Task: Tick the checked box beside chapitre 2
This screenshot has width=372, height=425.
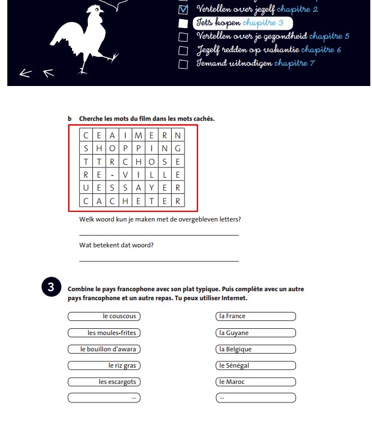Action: coord(183,10)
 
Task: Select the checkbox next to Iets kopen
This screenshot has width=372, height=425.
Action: coord(183,23)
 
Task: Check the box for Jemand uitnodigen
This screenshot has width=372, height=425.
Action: coord(183,64)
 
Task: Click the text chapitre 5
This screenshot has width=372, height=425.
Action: coord(329,37)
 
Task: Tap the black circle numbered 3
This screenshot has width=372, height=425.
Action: coord(51,287)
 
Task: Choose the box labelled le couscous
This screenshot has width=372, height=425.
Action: coord(104,317)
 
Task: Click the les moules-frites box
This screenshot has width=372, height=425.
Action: coord(104,333)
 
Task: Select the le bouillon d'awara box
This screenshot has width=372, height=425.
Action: coord(104,349)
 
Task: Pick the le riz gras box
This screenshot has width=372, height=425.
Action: coord(104,365)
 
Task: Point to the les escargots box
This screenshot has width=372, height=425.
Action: coord(104,382)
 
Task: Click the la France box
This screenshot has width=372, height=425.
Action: coord(256,317)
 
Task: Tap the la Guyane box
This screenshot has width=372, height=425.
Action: coord(256,333)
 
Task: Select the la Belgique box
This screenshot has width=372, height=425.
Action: coord(256,349)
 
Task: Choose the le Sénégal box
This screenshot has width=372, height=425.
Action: coord(256,365)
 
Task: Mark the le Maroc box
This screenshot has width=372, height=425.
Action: coord(256,382)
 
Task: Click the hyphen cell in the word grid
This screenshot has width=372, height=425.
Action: coord(113,174)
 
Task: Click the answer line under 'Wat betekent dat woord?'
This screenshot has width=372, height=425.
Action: coord(159,260)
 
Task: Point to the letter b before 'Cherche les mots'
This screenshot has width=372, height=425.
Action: coord(70,119)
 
